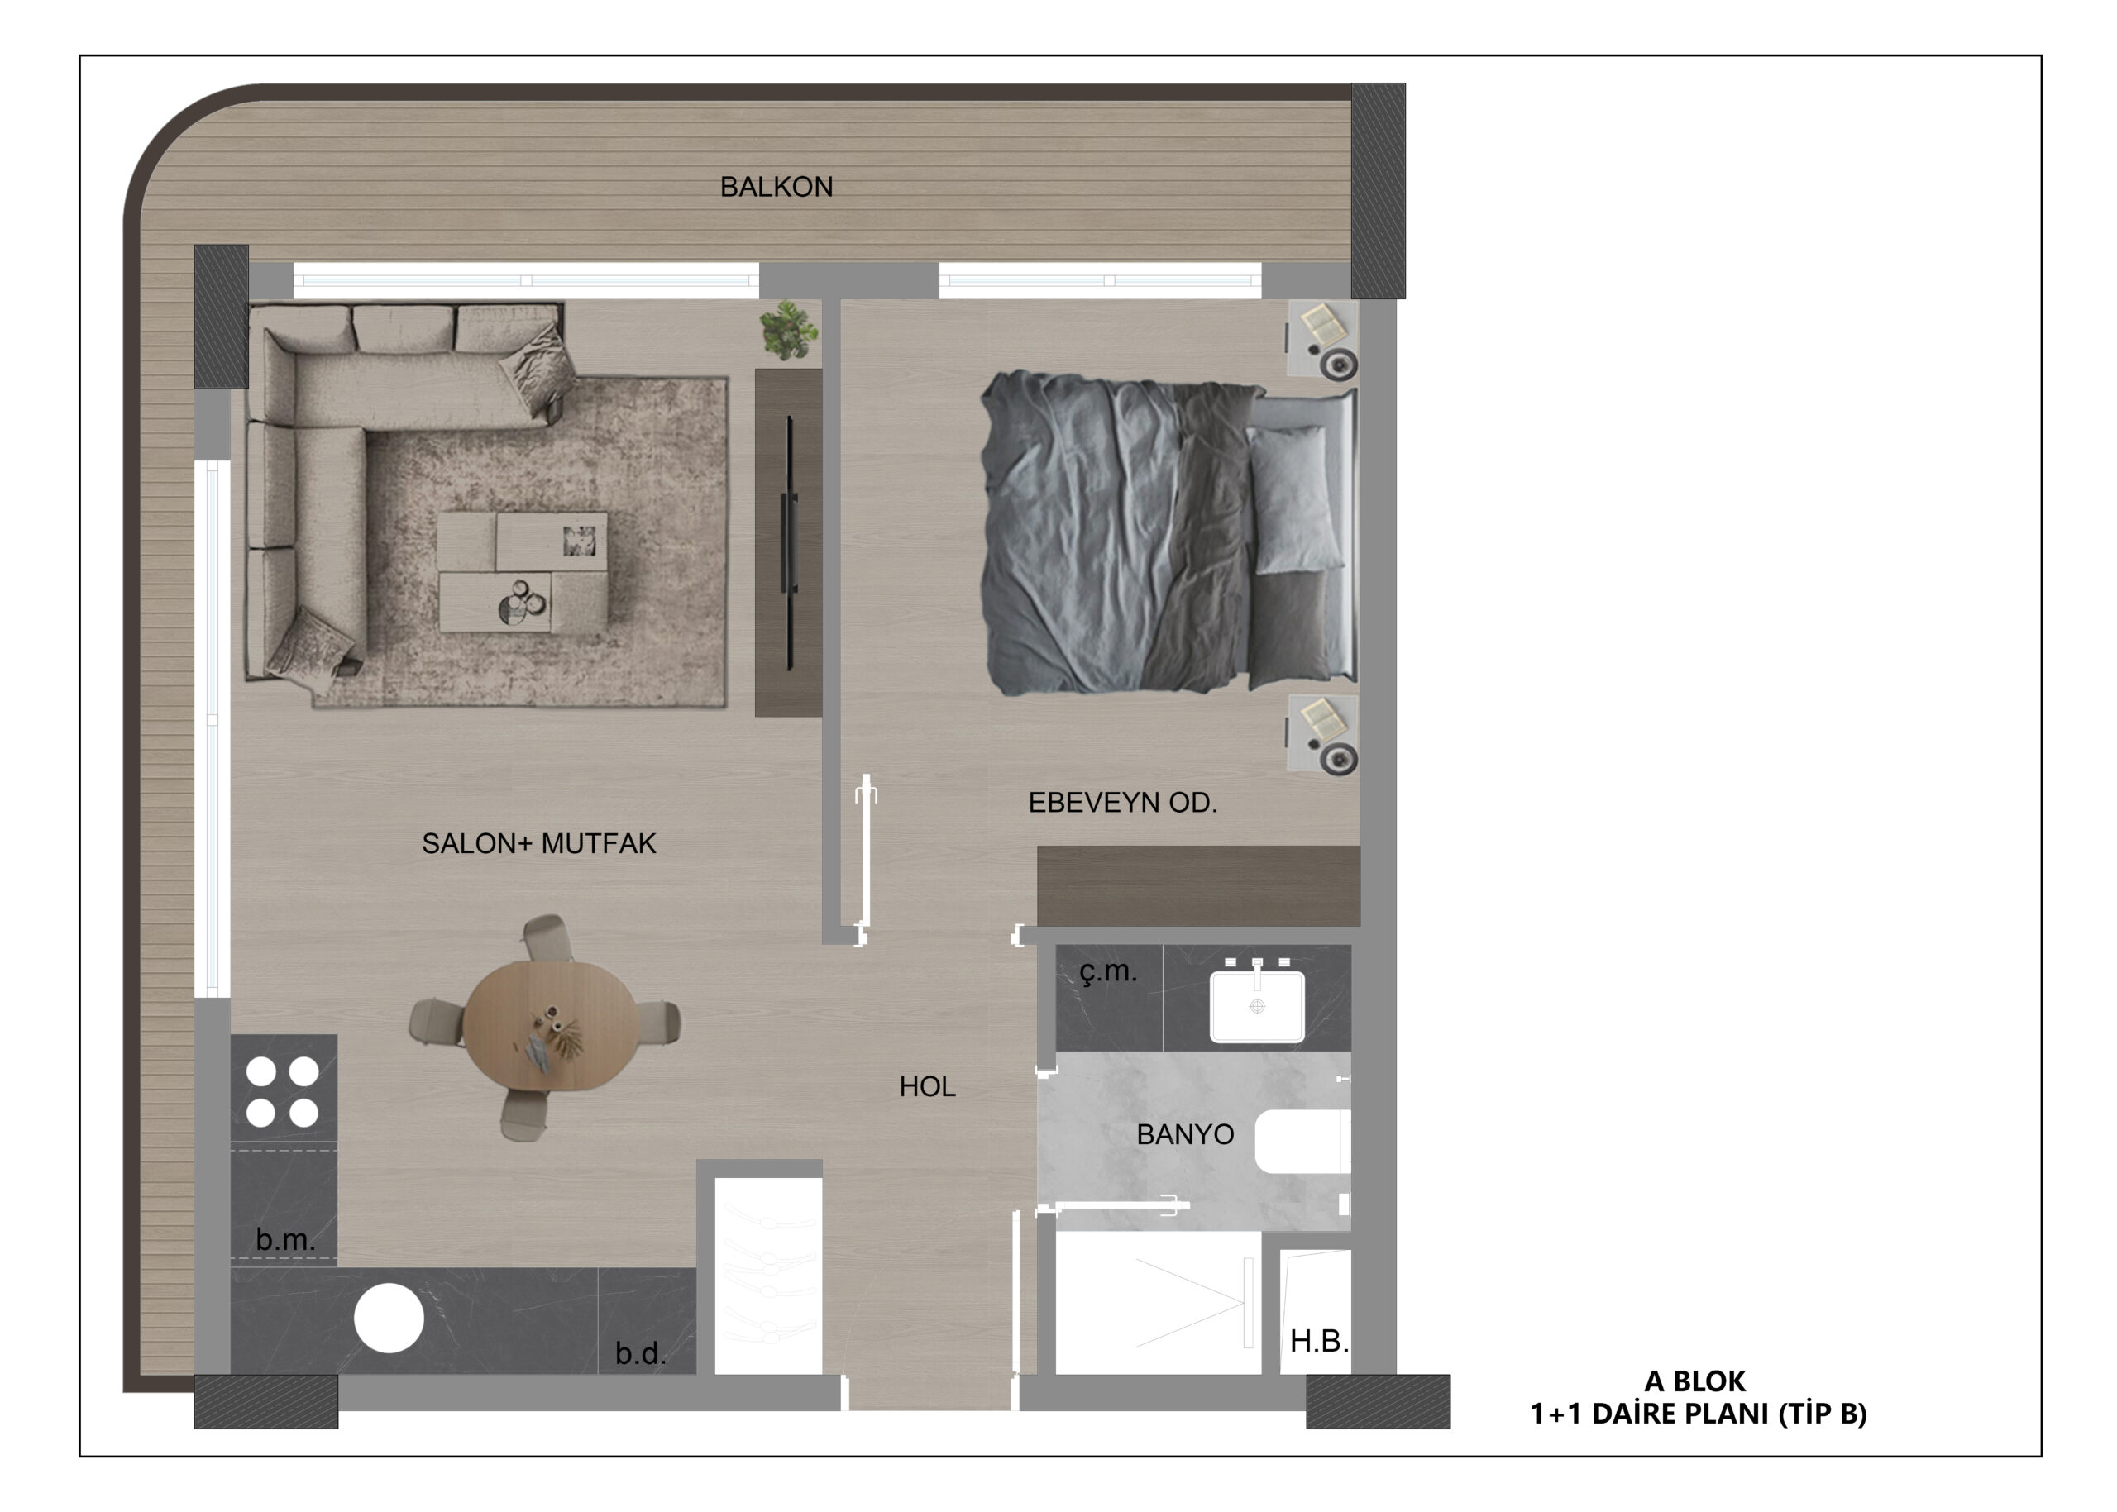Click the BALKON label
[x=776, y=187]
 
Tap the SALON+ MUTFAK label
[x=538, y=843]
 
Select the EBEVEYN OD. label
[x=1122, y=803]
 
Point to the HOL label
[x=927, y=1086]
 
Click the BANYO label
[x=1185, y=1134]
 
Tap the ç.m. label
[x=1108, y=972]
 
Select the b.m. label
[x=285, y=1239]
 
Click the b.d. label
[x=641, y=1352]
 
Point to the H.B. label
[x=1319, y=1341]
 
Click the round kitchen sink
[x=389, y=1318]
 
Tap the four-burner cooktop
[x=283, y=1091]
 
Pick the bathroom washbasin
[x=1257, y=1004]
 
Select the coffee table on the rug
[x=523, y=572]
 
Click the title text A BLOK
[x=1695, y=1381]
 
